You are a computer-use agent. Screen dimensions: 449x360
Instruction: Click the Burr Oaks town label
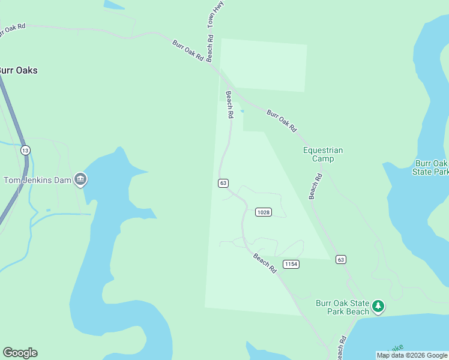tap(18, 70)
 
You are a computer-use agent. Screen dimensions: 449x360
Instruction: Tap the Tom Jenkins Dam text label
tap(38, 180)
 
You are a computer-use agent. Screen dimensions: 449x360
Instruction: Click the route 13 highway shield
tap(25, 149)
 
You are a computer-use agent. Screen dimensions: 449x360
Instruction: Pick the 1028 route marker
tap(263, 212)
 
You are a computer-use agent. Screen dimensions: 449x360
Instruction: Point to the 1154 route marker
tap(291, 264)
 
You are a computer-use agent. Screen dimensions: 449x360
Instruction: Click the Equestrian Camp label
tap(323, 154)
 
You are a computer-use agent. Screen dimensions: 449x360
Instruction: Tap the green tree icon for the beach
tap(378, 307)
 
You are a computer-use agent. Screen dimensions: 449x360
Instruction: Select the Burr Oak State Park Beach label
tap(343, 307)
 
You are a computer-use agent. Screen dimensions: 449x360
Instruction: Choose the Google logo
tap(20, 353)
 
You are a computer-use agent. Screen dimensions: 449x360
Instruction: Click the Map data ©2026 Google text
tap(412, 355)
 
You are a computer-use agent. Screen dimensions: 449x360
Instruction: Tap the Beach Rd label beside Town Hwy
tap(210, 47)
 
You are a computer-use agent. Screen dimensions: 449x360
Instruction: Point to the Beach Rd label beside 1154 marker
tap(265, 263)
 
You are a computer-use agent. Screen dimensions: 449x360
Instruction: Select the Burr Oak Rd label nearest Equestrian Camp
tap(282, 121)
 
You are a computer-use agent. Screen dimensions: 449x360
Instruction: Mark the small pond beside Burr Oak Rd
tap(242, 111)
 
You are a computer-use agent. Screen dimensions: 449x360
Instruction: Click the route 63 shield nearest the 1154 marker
tap(341, 259)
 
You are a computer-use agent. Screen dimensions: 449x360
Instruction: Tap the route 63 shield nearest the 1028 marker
tap(223, 182)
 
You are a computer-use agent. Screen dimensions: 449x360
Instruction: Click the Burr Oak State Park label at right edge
tap(432, 167)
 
